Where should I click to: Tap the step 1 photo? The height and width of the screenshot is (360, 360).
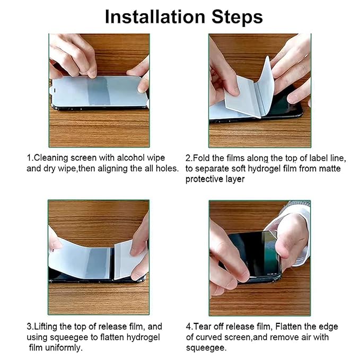click(99, 90)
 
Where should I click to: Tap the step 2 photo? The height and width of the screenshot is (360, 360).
click(260, 90)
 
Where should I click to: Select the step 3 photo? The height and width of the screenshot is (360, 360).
click(99, 257)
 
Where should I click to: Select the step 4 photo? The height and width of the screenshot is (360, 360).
click(260, 257)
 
